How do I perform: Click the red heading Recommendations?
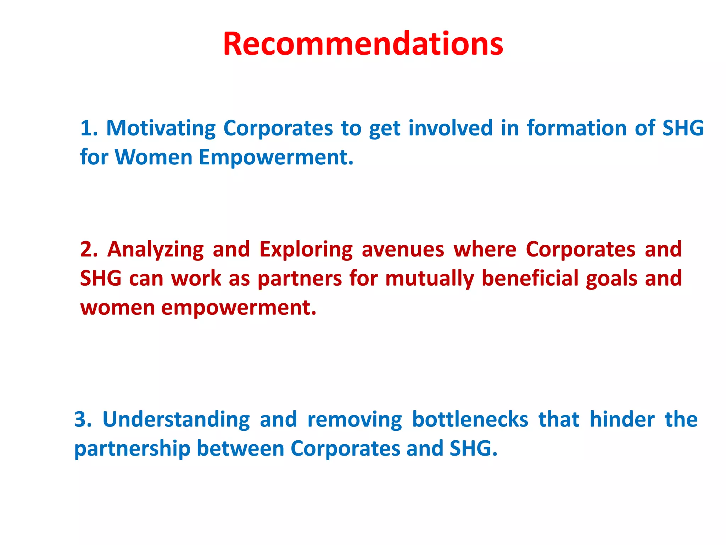point(363,44)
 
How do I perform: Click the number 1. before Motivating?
point(89,128)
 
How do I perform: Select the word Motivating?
point(161,128)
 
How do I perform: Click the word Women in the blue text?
point(153,157)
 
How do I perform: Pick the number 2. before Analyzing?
point(89,249)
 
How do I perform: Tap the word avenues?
point(403,249)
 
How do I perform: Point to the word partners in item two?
point(300,279)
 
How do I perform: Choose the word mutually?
point(430,279)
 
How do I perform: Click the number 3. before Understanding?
point(83,420)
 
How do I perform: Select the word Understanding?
point(176,420)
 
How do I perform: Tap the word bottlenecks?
point(470,420)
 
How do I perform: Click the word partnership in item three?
point(132,449)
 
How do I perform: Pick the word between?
point(240,448)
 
